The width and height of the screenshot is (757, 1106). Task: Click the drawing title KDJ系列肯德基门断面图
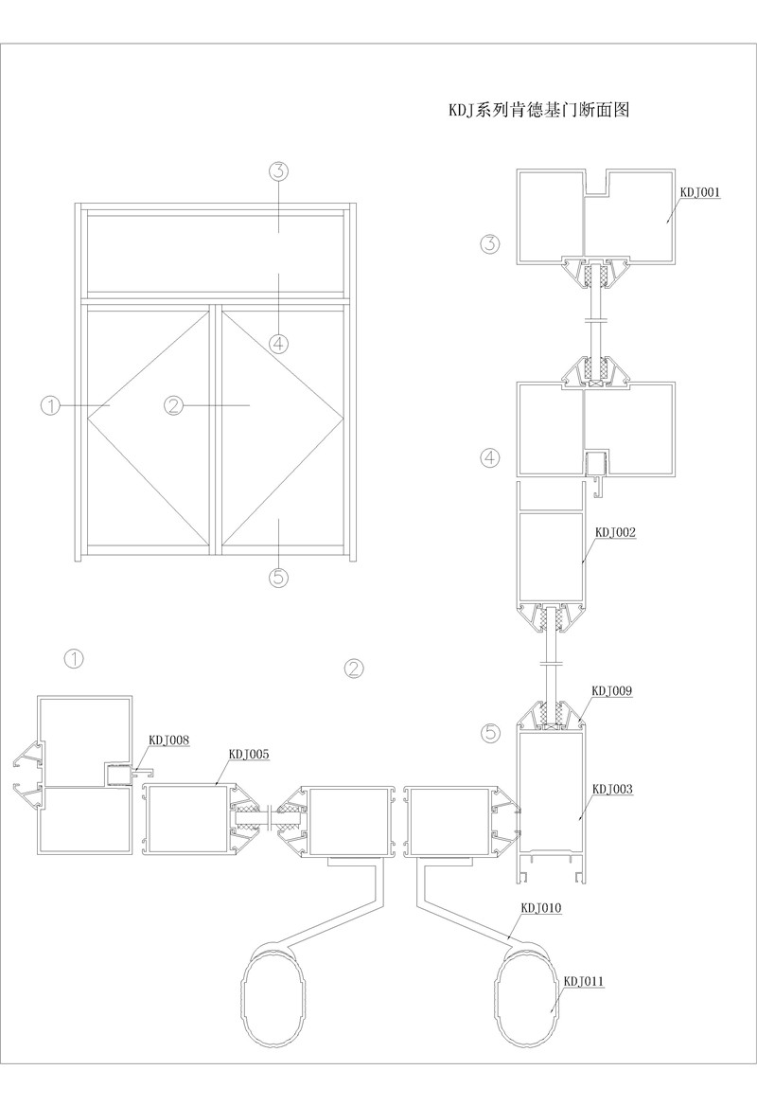tap(538, 109)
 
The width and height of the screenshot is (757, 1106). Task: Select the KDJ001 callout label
tap(701, 191)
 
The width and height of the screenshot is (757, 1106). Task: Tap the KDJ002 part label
tap(615, 532)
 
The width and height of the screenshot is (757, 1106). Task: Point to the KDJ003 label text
tap(613, 788)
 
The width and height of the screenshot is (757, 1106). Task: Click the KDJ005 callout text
tap(250, 754)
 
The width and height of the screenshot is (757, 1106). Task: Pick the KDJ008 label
tap(169, 740)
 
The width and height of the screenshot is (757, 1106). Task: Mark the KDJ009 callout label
tap(612, 691)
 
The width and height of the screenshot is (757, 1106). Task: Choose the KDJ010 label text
tap(541, 907)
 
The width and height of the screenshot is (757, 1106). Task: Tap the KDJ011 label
tap(584, 981)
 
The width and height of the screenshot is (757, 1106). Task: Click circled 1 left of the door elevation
tap(51, 405)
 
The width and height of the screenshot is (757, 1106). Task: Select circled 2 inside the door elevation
tap(173, 405)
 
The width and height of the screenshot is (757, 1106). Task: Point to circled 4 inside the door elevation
tap(278, 344)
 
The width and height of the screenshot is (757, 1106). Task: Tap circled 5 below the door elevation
tap(278, 577)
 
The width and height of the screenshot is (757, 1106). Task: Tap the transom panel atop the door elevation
tap(215, 252)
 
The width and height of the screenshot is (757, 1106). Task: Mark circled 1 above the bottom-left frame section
tap(73, 656)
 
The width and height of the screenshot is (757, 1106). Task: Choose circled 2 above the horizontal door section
tap(353, 669)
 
